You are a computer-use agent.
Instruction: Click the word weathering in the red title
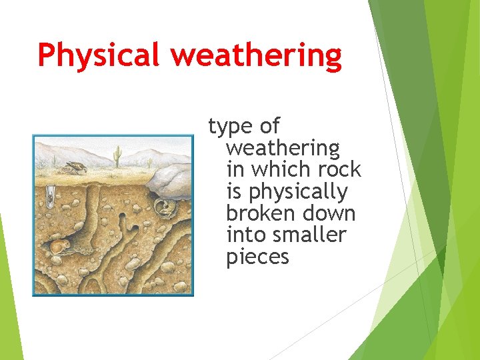tap(257, 56)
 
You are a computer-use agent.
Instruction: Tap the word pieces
tap(257, 257)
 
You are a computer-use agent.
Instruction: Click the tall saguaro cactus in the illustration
tap(117, 156)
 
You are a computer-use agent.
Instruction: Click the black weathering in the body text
tap(283, 147)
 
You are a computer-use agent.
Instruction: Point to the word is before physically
tap(234, 192)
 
